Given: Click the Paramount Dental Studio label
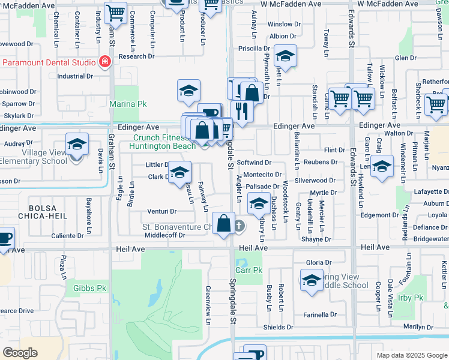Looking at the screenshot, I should click(x=49, y=62).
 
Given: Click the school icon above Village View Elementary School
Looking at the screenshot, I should click(x=77, y=144).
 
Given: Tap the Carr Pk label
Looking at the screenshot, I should click(x=247, y=271).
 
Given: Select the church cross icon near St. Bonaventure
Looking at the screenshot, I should click(x=240, y=226).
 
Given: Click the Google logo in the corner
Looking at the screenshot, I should click(x=20, y=353).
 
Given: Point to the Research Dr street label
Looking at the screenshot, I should click(x=136, y=56).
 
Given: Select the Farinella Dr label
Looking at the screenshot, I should click(x=320, y=314).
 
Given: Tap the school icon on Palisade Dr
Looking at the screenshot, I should click(x=259, y=205).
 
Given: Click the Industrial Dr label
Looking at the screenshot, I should click(x=75, y=76).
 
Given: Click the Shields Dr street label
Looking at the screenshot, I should click(x=277, y=327).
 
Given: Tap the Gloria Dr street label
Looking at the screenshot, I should click(x=319, y=263).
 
